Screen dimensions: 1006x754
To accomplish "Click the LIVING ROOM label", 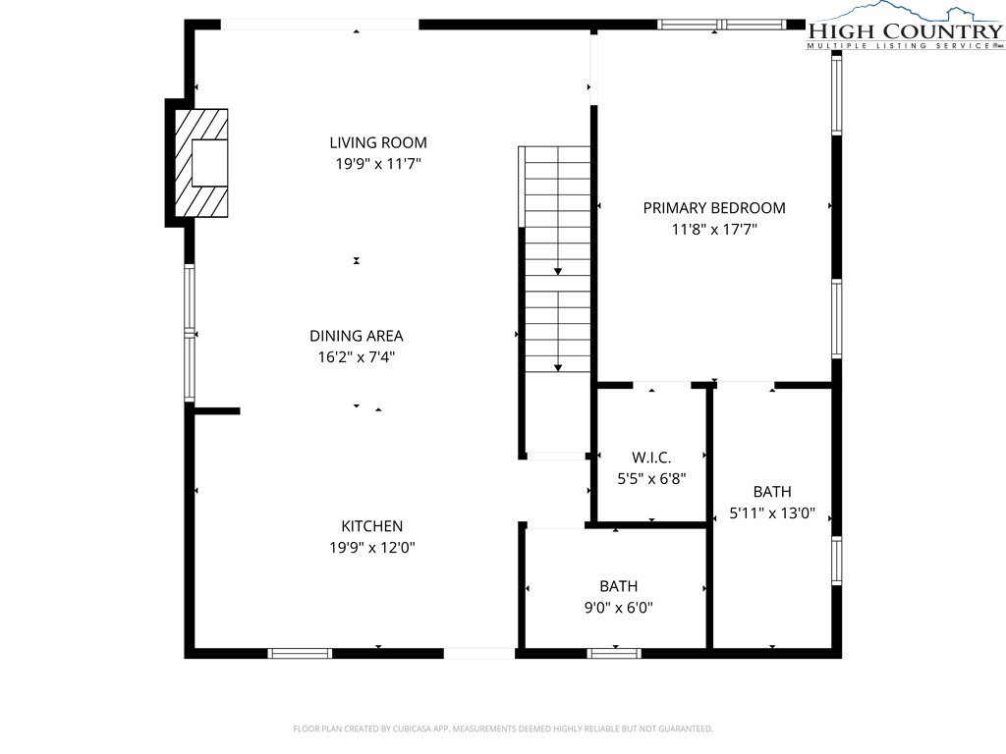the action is click(x=378, y=142).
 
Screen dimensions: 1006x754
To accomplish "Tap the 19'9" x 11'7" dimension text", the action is click(x=378, y=164).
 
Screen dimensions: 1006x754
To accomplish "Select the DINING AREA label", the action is click(x=356, y=336).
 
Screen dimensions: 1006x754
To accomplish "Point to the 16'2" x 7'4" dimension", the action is click(x=356, y=357).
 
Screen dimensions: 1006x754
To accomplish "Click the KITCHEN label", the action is click(x=372, y=526).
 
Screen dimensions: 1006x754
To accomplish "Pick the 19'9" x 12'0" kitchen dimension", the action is click(x=372, y=548).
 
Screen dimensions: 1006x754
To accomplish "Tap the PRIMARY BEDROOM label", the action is click(x=714, y=208).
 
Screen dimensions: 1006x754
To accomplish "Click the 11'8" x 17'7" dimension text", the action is click(x=714, y=229).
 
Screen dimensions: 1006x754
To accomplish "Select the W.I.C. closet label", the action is click(x=651, y=458).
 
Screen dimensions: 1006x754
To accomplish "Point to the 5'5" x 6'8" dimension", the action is click(x=651, y=479).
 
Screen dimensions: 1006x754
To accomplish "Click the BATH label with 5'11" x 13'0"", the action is click(x=772, y=492).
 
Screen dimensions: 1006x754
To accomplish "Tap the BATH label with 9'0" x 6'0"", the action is click(x=619, y=586).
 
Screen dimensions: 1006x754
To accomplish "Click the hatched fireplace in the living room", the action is click(x=201, y=163).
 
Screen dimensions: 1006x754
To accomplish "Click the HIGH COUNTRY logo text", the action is click(x=905, y=30).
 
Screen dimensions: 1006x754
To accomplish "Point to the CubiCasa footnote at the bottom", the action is click(x=503, y=728).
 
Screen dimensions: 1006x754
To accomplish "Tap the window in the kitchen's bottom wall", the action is click(x=300, y=653).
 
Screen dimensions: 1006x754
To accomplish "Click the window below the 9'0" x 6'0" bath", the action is click(x=614, y=653).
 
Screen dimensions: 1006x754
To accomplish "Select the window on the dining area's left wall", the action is click(x=190, y=334).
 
